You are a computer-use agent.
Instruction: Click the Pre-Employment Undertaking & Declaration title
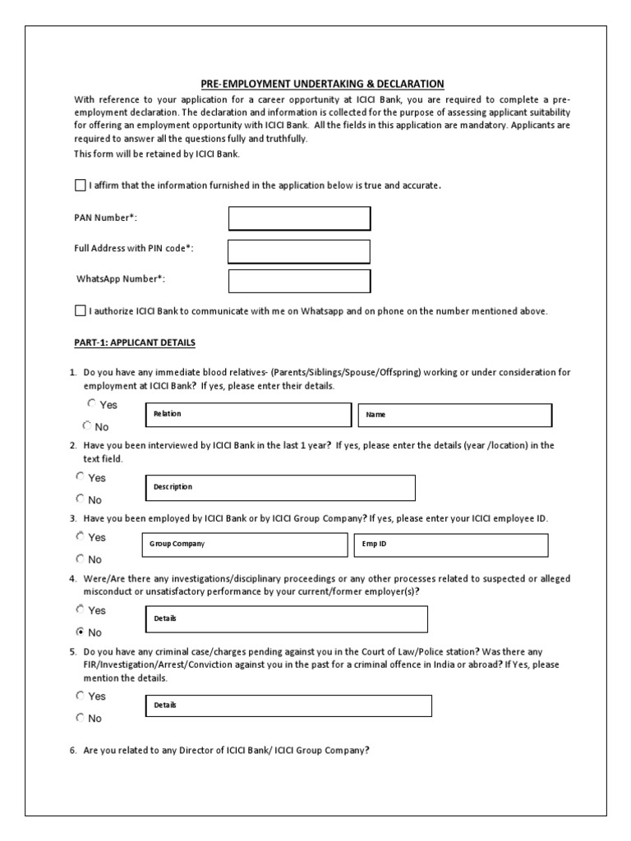(323, 84)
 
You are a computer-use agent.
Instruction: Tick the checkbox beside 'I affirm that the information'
(80, 185)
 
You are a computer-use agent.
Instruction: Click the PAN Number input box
(299, 218)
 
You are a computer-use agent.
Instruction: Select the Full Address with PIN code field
(299, 250)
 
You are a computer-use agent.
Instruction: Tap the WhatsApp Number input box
(299, 281)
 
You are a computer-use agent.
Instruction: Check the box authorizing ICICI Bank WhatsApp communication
(80, 310)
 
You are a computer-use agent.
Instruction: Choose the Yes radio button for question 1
(91, 404)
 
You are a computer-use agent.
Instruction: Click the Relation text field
(247, 415)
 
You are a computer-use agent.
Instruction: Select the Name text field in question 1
(454, 415)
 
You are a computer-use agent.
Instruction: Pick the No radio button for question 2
(81, 499)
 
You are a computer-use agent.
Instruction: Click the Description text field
(279, 487)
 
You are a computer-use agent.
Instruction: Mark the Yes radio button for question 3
(81, 536)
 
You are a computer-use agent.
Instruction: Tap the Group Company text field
(245, 545)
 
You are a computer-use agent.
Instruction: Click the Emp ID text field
(451, 545)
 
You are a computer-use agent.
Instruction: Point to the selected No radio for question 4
(81, 632)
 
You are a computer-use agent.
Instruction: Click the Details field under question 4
(285, 618)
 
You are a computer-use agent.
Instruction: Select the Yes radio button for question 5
(81, 696)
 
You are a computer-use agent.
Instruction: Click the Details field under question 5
(288, 705)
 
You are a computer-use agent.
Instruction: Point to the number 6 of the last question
(72, 749)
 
